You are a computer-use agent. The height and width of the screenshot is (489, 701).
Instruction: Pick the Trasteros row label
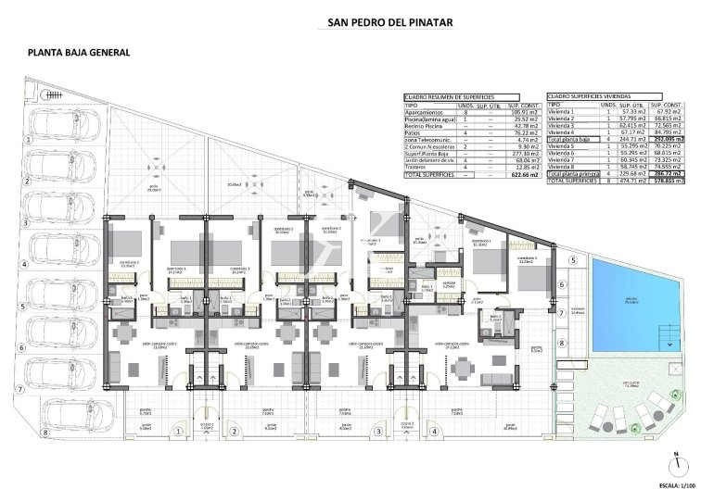point(420,167)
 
